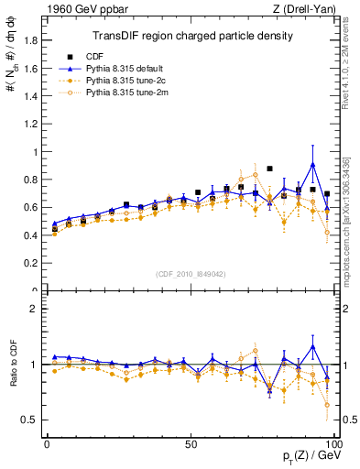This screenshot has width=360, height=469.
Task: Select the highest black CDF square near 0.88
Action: click(x=269, y=169)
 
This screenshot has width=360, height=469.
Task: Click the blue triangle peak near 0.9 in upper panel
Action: click(x=313, y=165)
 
